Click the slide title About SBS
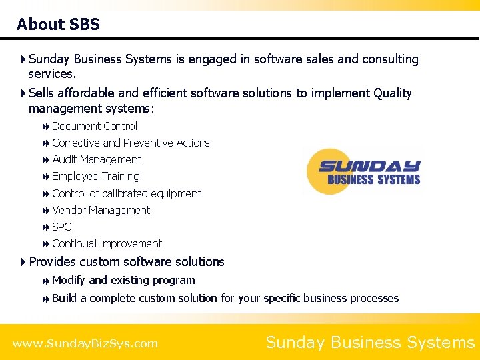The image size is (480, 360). pyautogui.click(x=58, y=25)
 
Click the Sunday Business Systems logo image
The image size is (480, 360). pyautogui.click(x=363, y=171)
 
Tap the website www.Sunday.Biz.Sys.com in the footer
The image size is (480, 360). pyautogui.click(x=85, y=344)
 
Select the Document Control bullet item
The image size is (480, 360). pyautogui.click(x=94, y=127)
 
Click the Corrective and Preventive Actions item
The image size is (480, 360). pyautogui.click(x=130, y=143)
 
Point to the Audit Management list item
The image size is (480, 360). pyautogui.click(x=96, y=160)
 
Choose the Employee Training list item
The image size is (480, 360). pyautogui.click(x=95, y=177)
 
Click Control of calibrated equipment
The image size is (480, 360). pyautogui.click(x=126, y=194)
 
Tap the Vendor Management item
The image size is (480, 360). pyautogui.click(x=101, y=211)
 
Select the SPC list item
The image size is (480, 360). pyautogui.click(x=61, y=227)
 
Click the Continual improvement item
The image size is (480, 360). pyautogui.click(x=107, y=244)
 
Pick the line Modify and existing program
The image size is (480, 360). pyautogui.click(x=123, y=281)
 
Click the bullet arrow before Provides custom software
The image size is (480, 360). pyautogui.click(x=24, y=262)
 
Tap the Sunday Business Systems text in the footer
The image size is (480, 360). pyautogui.click(x=370, y=343)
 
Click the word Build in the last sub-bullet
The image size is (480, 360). pyautogui.click(x=64, y=299)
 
